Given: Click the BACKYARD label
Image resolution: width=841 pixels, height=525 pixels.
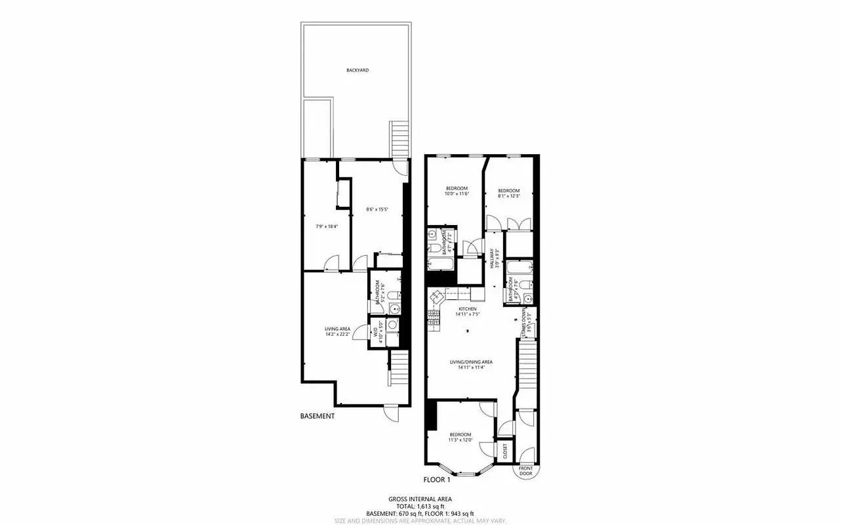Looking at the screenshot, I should [358, 70].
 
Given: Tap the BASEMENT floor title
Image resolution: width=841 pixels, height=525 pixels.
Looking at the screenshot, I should [318, 416].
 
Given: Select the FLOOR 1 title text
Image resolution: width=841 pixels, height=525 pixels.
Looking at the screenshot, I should [440, 480].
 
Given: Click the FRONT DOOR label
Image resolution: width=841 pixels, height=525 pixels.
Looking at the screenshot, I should [525, 471].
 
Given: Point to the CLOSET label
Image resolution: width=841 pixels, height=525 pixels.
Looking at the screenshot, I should [505, 450].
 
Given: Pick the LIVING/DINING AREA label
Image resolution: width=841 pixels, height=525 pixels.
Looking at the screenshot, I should [471, 362].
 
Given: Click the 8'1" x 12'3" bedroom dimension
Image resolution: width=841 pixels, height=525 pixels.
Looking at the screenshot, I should [508, 196].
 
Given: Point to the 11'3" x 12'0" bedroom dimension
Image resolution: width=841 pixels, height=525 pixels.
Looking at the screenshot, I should [460, 440].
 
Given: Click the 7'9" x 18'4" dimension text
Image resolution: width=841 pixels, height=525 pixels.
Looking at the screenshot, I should [327, 226].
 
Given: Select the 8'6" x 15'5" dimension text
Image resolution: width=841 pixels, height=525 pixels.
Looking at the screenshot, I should [377, 210].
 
